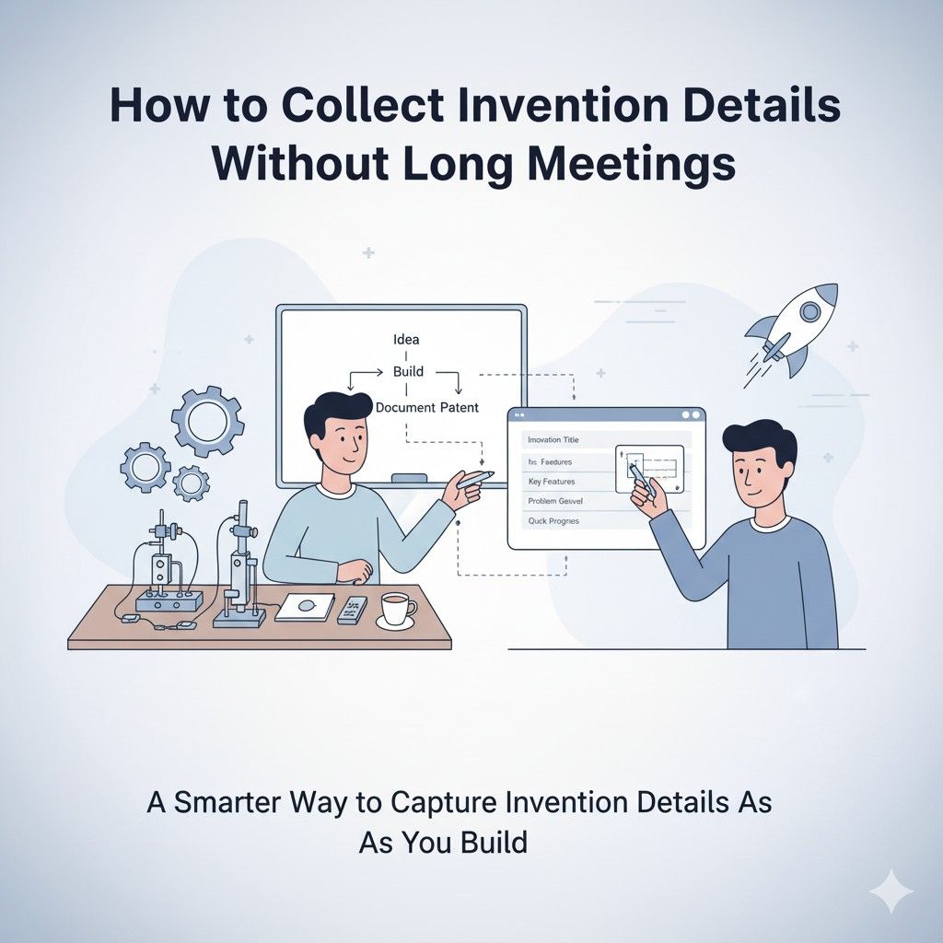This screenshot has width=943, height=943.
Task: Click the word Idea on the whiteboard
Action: coord(406,340)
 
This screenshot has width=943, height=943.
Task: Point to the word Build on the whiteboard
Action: coord(408,372)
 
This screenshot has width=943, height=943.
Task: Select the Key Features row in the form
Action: coord(553,482)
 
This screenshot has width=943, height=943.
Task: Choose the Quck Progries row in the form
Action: coord(553,521)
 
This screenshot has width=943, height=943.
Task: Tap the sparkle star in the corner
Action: coord(891,891)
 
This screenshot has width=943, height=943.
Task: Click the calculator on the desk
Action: coord(352,610)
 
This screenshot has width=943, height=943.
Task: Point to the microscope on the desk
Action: coord(239,571)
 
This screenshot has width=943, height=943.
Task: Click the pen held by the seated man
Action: coord(474,480)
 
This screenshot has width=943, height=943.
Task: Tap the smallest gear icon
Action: coord(191,482)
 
